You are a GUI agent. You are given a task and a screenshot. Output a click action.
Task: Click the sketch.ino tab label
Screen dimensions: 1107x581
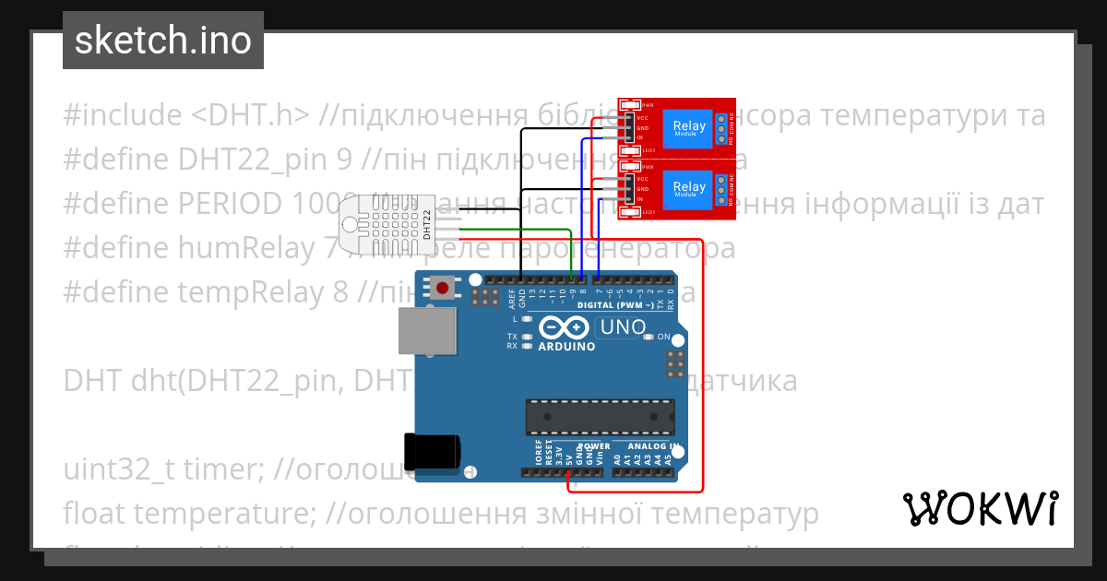coord(162,41)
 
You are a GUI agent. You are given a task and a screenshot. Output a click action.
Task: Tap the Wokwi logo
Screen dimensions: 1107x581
coord(980,508)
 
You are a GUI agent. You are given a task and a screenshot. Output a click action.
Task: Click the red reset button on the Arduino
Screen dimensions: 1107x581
coord(444,289)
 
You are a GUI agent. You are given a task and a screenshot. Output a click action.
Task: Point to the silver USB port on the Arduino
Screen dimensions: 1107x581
coord(428,331)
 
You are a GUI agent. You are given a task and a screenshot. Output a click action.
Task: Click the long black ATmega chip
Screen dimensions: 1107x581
coord(599,417)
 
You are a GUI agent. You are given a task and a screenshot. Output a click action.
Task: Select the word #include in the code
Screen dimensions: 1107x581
coord(124,116)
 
